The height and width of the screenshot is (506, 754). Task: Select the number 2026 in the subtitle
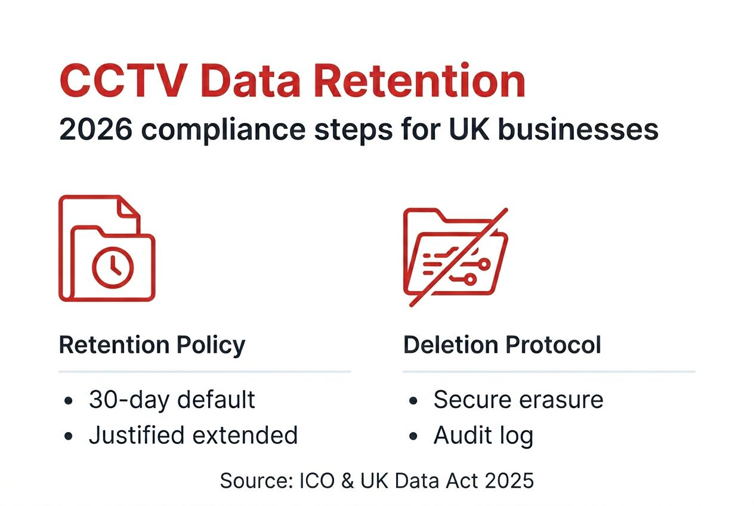point(95,129)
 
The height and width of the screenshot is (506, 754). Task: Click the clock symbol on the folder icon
point(113,267)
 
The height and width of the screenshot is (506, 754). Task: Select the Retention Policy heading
point(152,345)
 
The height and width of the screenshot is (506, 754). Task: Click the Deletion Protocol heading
point(502,345)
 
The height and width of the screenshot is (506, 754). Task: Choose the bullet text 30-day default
point(172,400)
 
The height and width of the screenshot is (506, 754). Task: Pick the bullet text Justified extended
point(193,436)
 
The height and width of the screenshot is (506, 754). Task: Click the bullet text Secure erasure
point(518,400)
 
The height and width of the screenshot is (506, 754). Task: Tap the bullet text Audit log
point(483,436)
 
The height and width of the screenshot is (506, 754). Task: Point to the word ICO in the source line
point(310,480)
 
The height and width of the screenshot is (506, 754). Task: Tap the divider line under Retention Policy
point(205,372)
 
